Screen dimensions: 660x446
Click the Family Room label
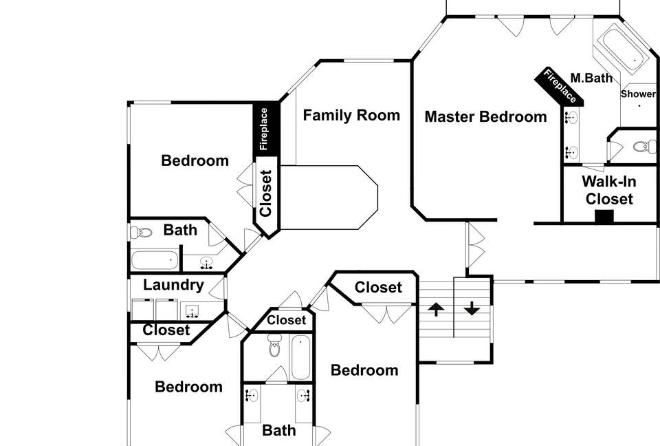(x=351, y=115)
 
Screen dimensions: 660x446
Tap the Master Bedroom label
(x=486, y=117)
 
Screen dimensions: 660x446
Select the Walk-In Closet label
(x=609, y=190)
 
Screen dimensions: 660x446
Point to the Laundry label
(x=173, y=285)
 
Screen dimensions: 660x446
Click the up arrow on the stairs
(x=436, y=310)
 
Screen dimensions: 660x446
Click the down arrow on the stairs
(x=472, y=308)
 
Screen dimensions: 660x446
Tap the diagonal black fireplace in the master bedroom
(x=559, y=87)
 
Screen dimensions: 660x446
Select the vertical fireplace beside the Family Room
(x=265, y=129)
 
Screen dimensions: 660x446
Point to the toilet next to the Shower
(x=644, y=147)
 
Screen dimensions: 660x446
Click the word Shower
(x=638, y=94)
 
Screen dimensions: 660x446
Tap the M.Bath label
(x=591, y=78)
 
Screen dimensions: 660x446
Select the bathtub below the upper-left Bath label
(x=155, y=260)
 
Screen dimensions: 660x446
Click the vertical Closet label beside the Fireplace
(x=265, y=193)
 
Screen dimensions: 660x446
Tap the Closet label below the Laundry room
(x=166, y=330)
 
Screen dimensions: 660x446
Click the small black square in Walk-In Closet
(x=604, y=216)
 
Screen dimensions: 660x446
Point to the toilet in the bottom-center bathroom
(x=274, y=346)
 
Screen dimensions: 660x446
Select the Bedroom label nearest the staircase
(x=364, y=370)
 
